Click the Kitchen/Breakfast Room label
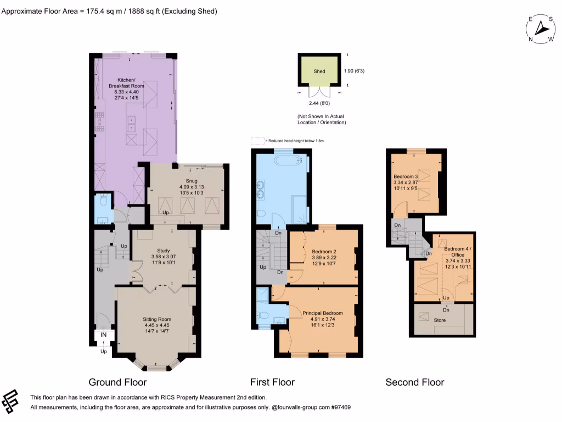coord(127,83)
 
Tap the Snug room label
coord(192,181)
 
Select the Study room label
coord(164,251)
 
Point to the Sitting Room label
coord(157,319)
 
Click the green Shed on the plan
coord(319,71)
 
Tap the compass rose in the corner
coord(541,29)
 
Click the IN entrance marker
coord(104,335)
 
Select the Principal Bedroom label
coord(323,313)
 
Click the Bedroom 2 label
coord(324,252)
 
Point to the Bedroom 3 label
coord(406,176)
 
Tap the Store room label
coord(440,320)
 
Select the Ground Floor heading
coord(117,382)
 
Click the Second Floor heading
coord(415,382)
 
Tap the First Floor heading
coord(272,382)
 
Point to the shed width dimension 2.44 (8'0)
coord(319,103)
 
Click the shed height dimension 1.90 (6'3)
coord(354,71)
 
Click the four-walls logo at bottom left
coord(10,401)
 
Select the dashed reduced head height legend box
coord(257,141)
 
